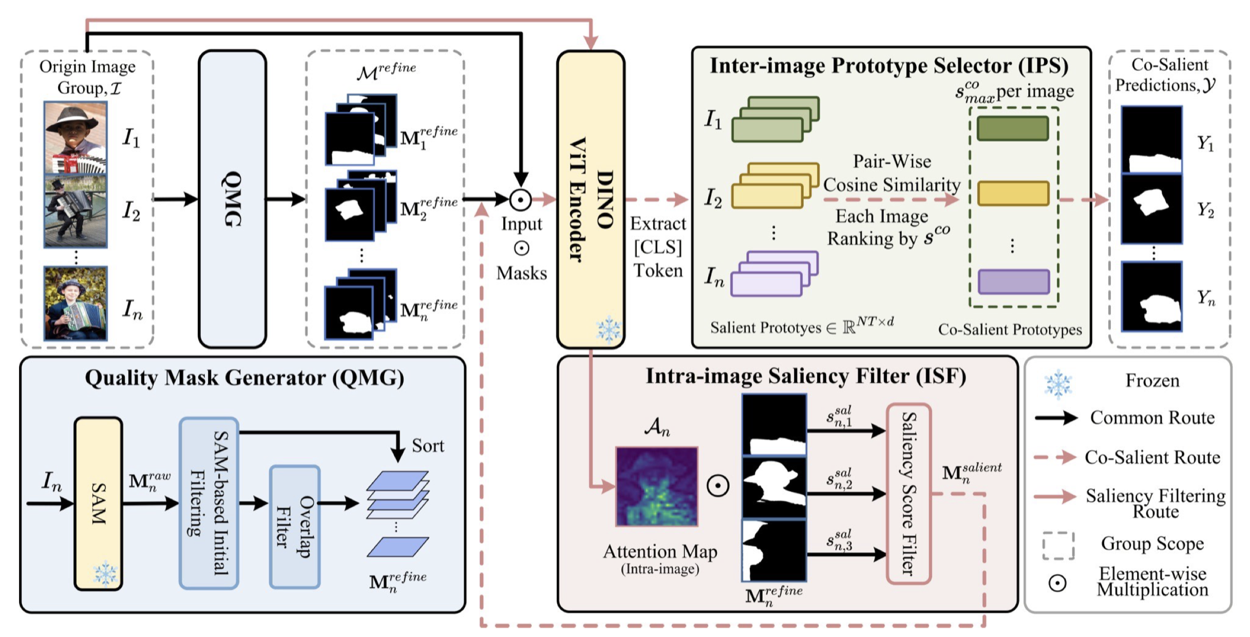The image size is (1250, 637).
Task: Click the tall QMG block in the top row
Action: (232, 199)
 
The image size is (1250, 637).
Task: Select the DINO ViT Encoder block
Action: (591, 199)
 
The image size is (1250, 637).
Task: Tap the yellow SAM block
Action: (98, 503)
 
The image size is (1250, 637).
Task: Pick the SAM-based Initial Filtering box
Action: (209, 503)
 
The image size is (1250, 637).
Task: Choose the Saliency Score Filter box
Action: (908, 494)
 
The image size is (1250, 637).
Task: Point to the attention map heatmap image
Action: (656, 486)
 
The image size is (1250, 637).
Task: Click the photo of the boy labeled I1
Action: (75, 137)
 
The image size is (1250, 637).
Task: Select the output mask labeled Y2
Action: (1151, 209)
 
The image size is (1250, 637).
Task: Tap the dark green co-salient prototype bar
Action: (1012, 128)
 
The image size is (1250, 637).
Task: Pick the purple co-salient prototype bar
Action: (1013, 282)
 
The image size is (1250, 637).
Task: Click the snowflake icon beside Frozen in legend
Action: (1058, 383)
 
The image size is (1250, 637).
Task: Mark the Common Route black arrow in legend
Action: (1056, 418)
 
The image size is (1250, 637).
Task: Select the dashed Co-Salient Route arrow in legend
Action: (1055, 457)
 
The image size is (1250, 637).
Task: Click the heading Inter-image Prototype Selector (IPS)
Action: (889, 66)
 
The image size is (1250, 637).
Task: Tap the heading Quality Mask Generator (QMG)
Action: (244, 378)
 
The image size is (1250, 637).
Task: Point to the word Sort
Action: (428, 445)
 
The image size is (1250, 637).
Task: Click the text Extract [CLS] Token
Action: (658, 247)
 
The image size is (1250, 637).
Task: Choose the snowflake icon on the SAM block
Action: (105, 573)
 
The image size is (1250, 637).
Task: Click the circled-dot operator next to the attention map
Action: (717, 485)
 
